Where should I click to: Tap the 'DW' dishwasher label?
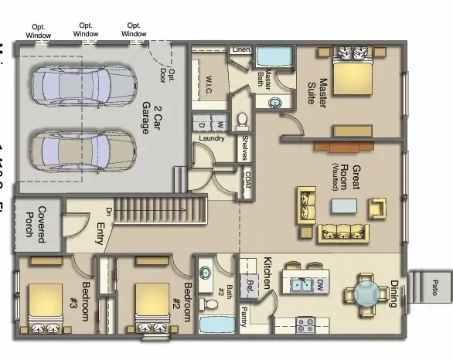(x=318, y=285)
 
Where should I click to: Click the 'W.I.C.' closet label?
(x=209, y=83)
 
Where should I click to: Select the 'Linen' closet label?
(x=240, y=50)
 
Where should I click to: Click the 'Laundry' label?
(x=212, y=138)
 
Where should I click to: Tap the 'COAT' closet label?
(x=247, y=181)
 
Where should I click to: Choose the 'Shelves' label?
(x=244, y=148)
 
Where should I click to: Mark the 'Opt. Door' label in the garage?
(x=166, y=75)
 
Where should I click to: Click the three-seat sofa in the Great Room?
(x=344, y=232)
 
